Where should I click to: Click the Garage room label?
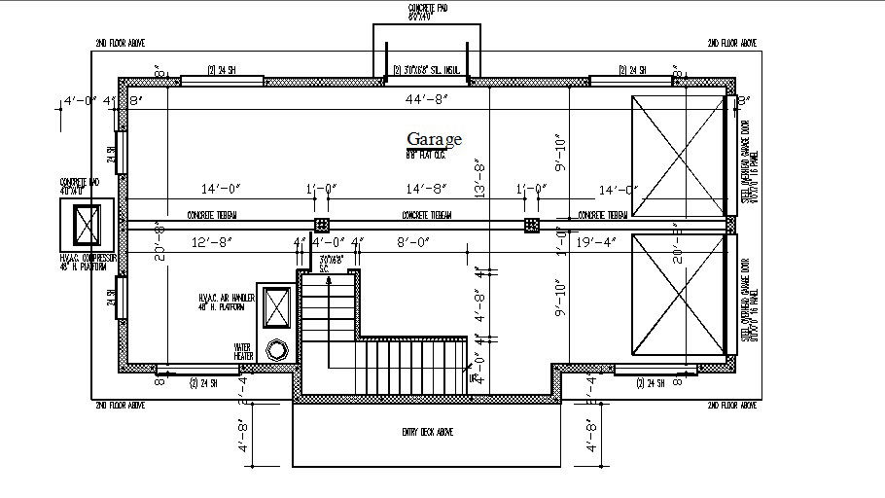click(434, 139)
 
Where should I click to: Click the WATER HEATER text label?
click(243, 350)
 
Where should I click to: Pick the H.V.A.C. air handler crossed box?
click(275, 308)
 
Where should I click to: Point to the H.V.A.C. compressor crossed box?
click(88, 225)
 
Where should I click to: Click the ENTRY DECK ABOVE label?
click(427, 432)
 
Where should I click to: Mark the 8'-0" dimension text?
click(428, 241)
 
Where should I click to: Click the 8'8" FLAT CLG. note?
click(425, 154)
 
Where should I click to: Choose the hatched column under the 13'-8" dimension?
click(531, 225)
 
